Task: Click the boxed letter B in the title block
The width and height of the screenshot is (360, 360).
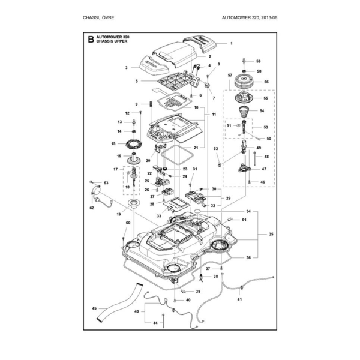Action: pos(91,40)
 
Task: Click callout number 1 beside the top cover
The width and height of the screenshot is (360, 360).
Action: pos(231,44)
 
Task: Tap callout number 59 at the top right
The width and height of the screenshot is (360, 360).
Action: pos(259,61)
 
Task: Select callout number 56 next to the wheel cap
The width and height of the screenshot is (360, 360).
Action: pos(266,82)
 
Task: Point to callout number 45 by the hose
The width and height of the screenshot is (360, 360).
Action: pos(94,308)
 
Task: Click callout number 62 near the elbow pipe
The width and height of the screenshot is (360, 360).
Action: pos(92,208)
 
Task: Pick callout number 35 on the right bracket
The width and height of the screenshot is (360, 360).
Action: pos(271,234)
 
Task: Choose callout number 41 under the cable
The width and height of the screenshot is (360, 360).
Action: pos(240,299)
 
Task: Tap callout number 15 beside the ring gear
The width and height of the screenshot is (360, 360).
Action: pos(113,144)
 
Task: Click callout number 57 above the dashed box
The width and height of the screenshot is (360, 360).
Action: pos(230,75)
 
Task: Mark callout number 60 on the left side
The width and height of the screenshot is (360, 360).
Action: pos(127,223)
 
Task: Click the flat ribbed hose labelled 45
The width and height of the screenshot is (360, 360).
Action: pos(120,305)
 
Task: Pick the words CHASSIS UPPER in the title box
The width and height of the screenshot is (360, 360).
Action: pos(113,43)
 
